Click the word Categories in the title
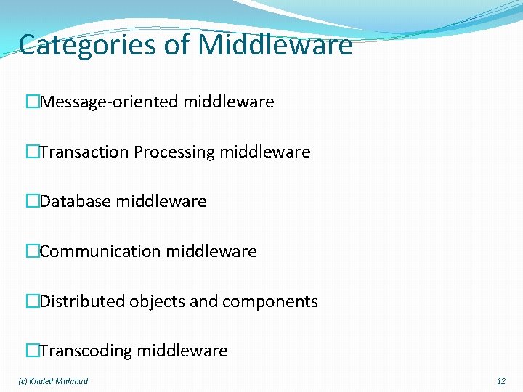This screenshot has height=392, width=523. click(x=86, y=45)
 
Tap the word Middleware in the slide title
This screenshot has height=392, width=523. click(x=275, y=45)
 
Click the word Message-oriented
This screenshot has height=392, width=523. click(x=109, y=102)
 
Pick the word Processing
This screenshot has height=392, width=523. click(x=174, y=152)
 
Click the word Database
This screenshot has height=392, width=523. click(x=75, y=202)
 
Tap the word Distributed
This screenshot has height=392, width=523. click(x=82, y=302)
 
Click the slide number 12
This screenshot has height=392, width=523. click(x=500, y=381)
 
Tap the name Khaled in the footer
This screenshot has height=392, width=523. click(x=42, y=381)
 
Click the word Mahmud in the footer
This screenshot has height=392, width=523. click(x=72, y=381)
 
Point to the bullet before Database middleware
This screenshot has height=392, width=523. click(x=32, y=202)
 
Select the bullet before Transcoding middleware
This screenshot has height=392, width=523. click(x=32, y=351)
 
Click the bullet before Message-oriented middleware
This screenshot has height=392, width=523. click(x=32, y=102)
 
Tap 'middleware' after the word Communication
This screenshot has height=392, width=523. click(x=211, y=252)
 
